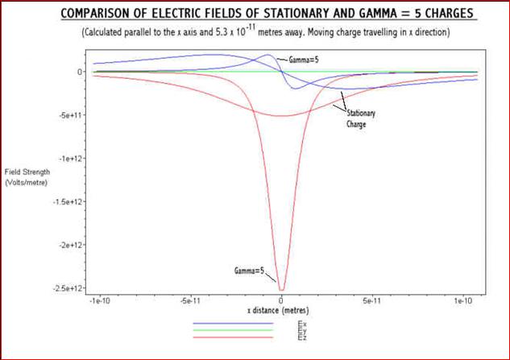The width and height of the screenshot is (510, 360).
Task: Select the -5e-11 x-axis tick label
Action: click(x=190, y=300)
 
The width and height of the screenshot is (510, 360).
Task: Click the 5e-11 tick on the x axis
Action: click(x=372, y=300)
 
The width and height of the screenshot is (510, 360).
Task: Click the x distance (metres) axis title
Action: click(x=278, y=310)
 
